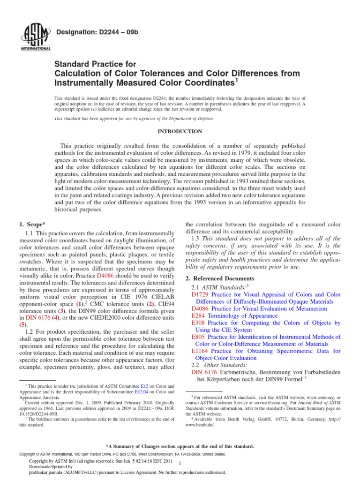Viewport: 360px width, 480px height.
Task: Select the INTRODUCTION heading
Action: [180, 131]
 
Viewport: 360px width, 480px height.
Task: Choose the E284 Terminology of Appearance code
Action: [199, 316]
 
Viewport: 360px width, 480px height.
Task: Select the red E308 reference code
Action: [199, 323]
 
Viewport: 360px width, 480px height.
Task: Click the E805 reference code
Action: [199, 337]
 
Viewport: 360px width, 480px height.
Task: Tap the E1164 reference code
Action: [201, 351]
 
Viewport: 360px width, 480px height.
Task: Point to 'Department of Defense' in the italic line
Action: [191, 119]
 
